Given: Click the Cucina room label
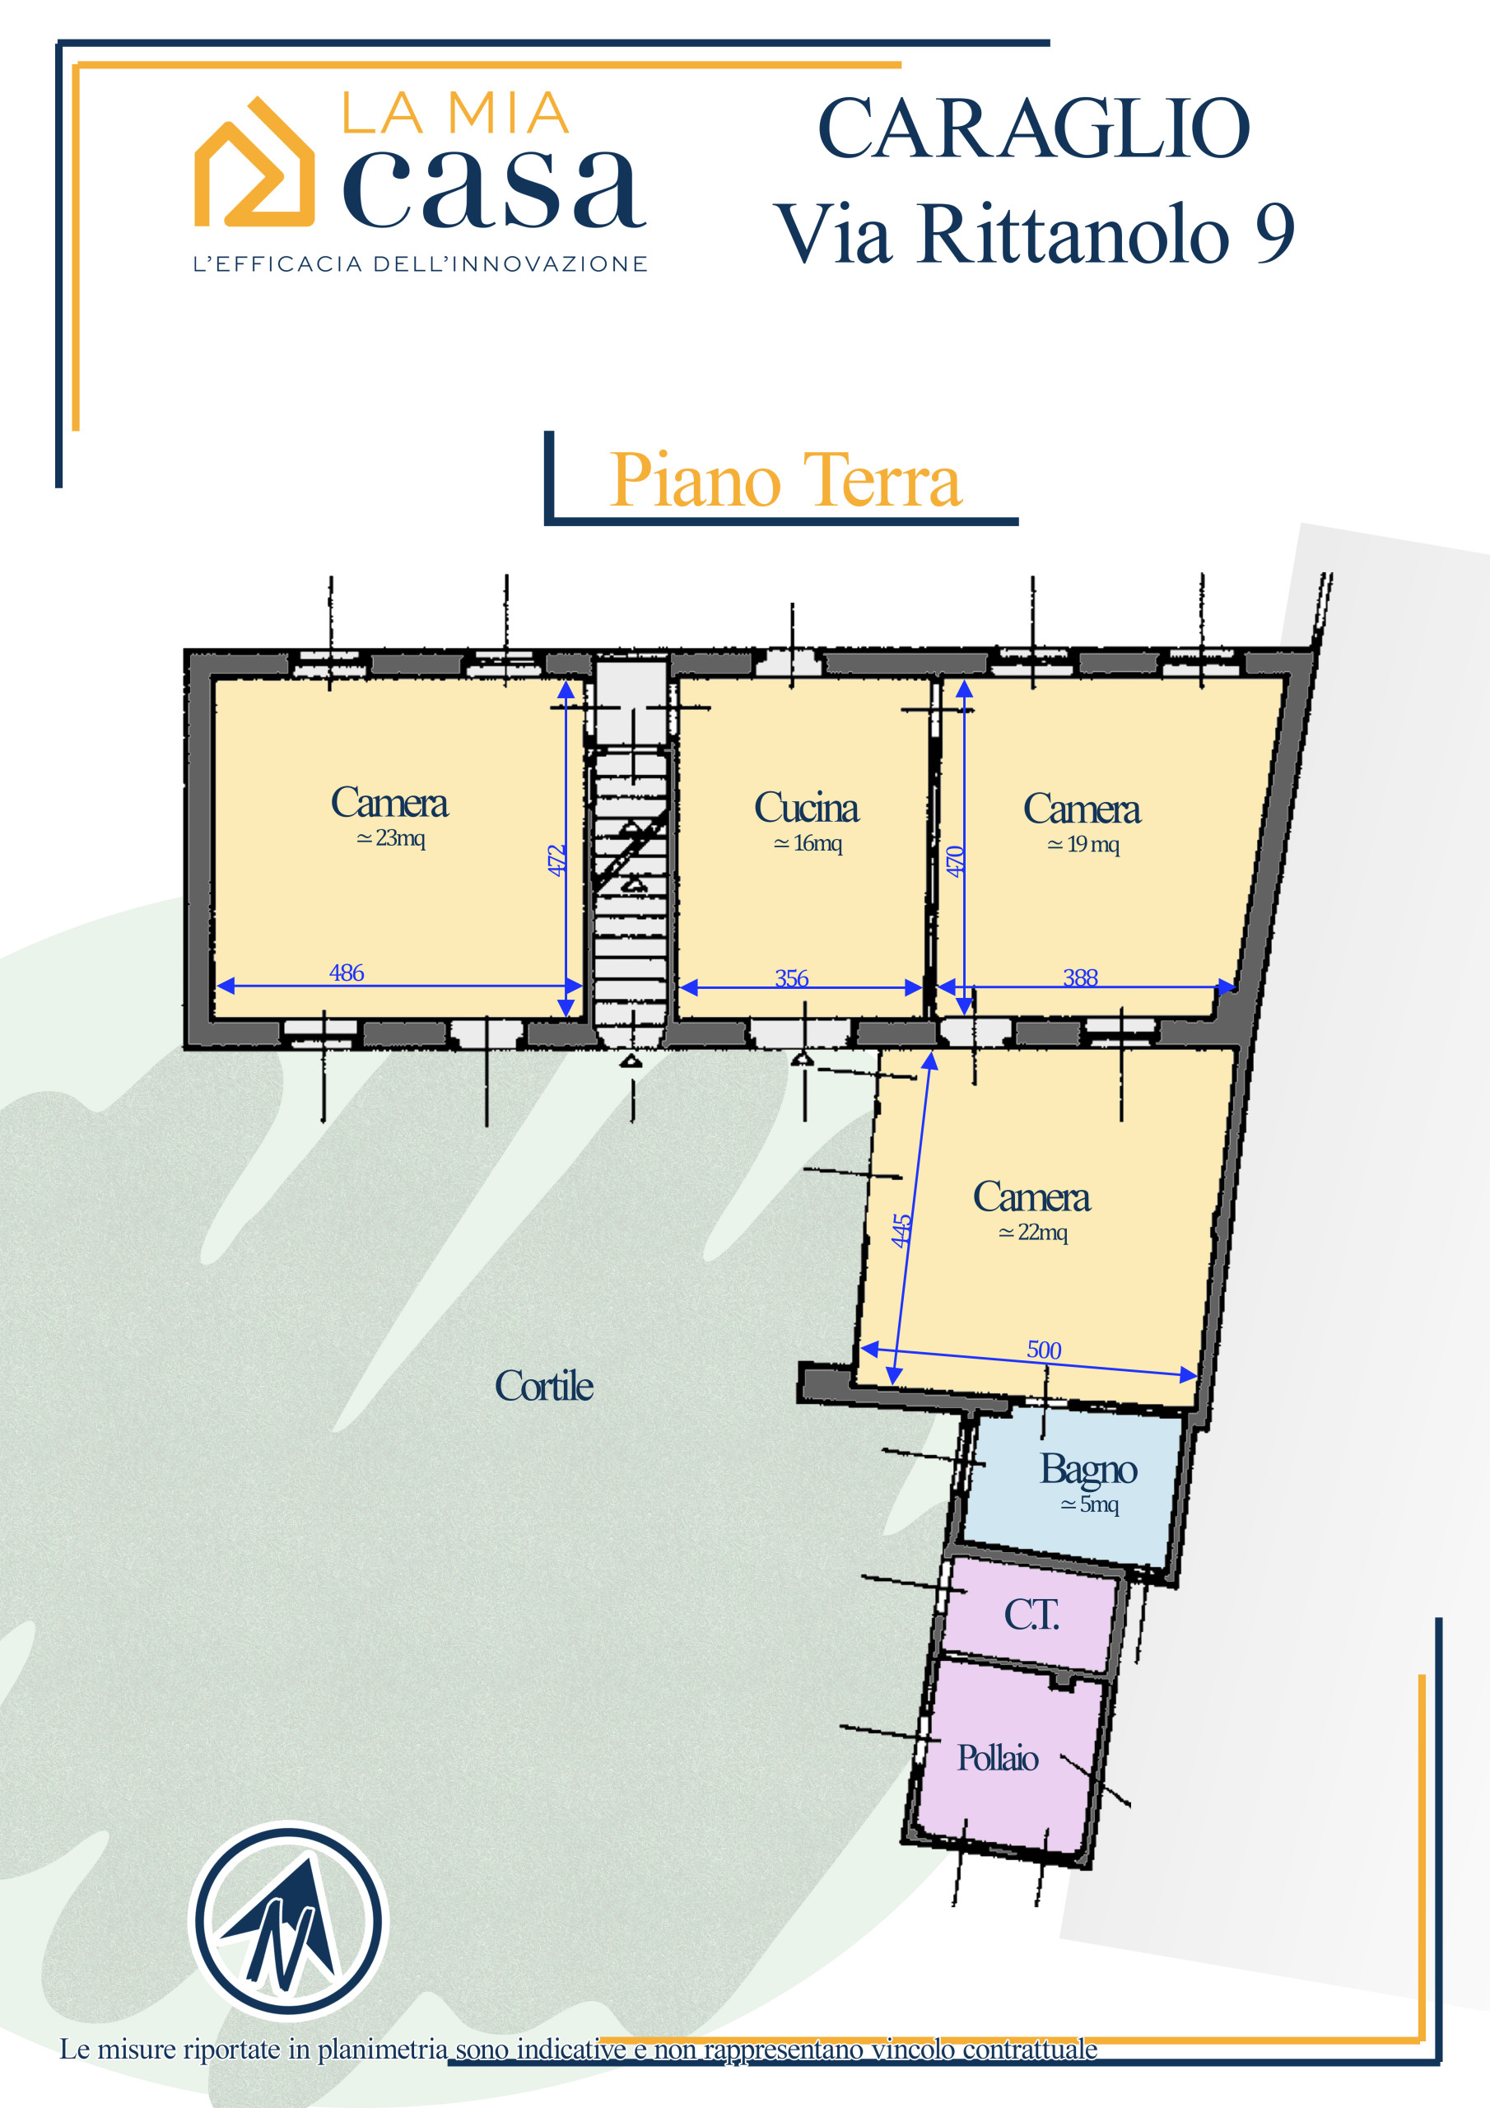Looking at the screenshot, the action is [806, 808].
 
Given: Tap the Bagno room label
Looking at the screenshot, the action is [1088, 1470].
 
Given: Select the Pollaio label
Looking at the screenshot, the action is [998, 1757].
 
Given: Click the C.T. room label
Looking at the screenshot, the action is [1031, 1614].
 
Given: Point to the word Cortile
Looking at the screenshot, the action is [543, 1386].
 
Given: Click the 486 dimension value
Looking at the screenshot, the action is [346, 972].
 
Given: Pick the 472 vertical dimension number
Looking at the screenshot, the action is [556, 860].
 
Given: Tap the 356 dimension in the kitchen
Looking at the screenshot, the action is [791, 977].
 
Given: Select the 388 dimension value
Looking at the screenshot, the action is [1081, 977].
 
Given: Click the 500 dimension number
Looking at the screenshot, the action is [1044, 1350].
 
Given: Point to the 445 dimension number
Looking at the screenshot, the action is [901, 1230].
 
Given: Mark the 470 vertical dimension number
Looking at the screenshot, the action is [955, 861].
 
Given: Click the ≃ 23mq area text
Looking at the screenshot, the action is [390, 837].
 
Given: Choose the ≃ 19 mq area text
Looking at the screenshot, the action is [1083, 844].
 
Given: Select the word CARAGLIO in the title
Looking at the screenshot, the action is [1033, 128].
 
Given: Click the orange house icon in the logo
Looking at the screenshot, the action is [254, 162].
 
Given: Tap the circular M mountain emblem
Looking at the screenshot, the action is [288, 1921].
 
